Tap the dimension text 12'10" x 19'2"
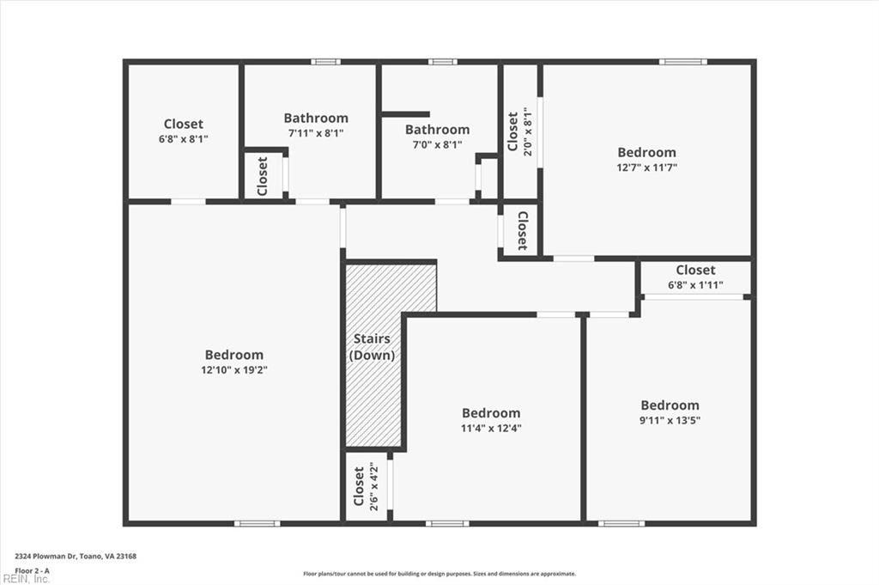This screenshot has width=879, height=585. pos(234,370)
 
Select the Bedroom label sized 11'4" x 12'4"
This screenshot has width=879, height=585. pos(491,413)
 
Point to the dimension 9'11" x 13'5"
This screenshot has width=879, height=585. pos(670,420)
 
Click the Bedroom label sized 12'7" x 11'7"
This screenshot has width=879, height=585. pos(647,153)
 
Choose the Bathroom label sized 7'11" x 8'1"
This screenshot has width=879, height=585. pos(316,119)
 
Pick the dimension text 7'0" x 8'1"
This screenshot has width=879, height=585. pos(437,145)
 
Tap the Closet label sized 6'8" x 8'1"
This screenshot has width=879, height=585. pos(184,125)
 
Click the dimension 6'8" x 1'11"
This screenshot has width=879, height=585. pos(695,285)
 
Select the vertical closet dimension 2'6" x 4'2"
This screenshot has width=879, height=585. pos(374,488)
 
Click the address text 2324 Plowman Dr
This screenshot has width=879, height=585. pos(76,557)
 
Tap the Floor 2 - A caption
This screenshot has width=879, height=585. pos(33,570)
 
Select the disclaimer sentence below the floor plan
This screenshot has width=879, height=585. pos(439,574)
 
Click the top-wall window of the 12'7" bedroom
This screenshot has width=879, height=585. pos(683,62)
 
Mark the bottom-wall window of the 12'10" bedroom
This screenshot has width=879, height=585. pos(258,523)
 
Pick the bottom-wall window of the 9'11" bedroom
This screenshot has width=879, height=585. pos(621,523)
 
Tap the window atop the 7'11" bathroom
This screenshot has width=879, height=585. pos(325,62)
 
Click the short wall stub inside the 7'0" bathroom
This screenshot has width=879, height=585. pos(405,114)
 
